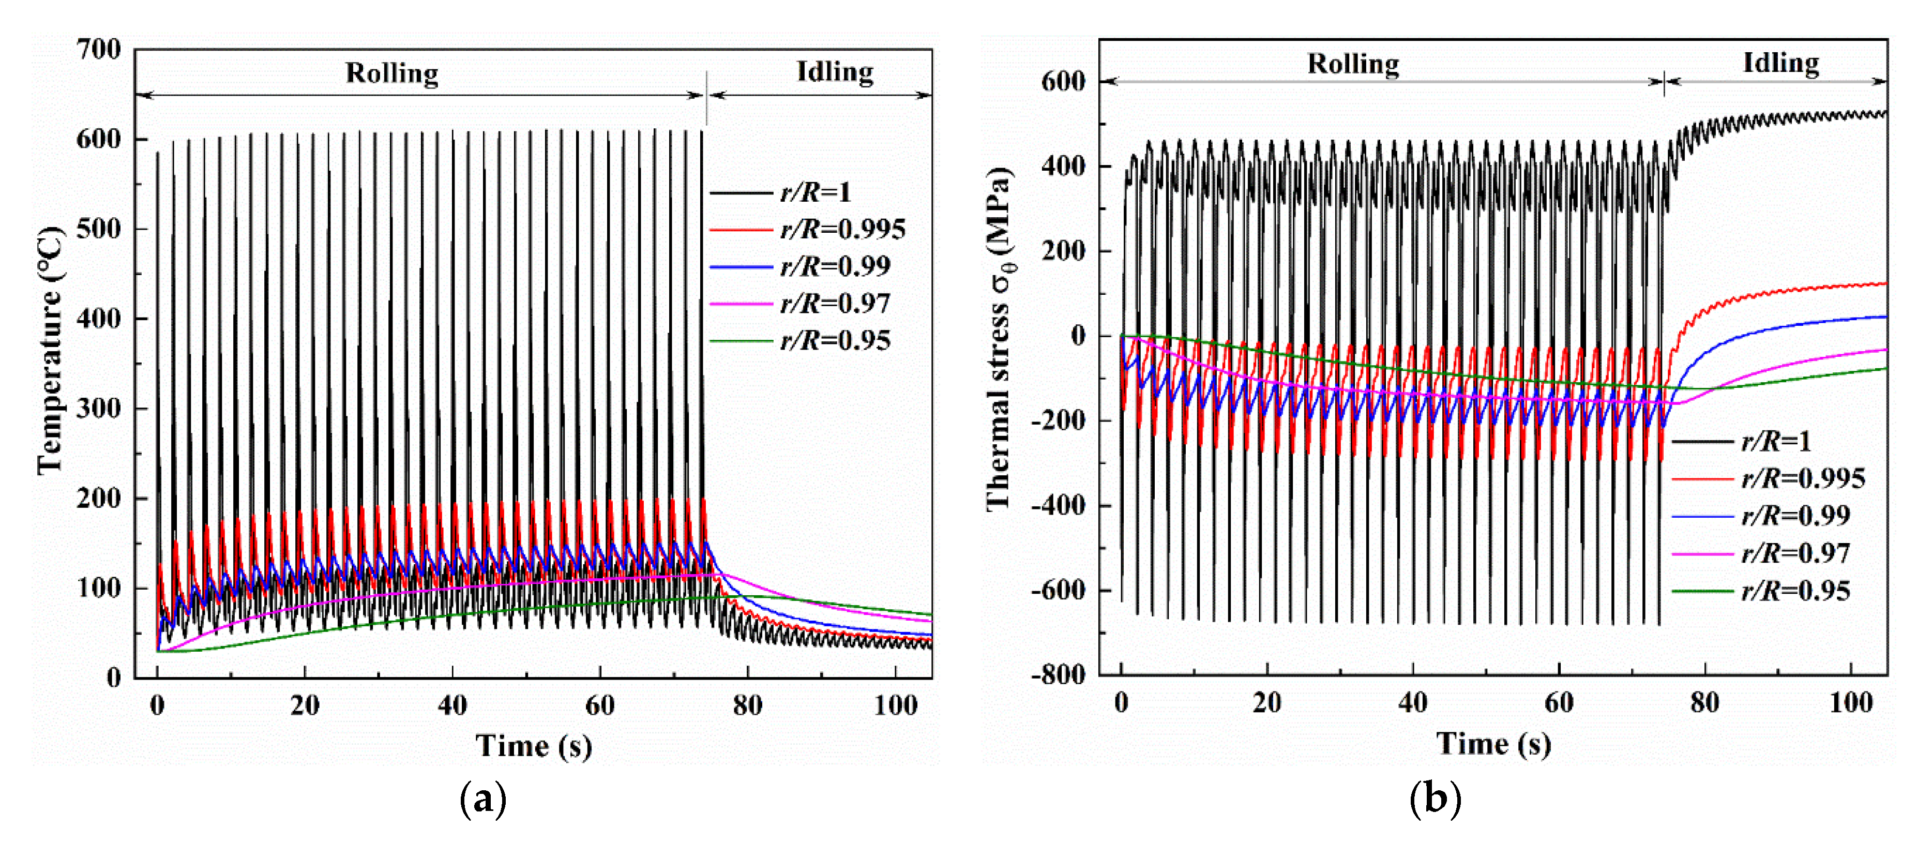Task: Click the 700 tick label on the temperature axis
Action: pyautogui.click(x=98, y=50)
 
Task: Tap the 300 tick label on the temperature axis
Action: pyautogui.click(x=98, y=408)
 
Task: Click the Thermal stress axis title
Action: pyautogui.click(x=1000, y=339)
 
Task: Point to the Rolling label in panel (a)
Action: pyautogui.click(x=391, y=73)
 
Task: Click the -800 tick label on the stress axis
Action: pyautogui.click(x=1058, y=674)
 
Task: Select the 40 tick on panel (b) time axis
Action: pyautogui.click(x=1412, y=703)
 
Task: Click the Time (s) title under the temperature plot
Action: pyautogui.click(x=533, y=745)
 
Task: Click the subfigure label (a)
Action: pyautogui.click(x=482, y=800)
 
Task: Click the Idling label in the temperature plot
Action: pyautogui.click(x=835, y=71)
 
